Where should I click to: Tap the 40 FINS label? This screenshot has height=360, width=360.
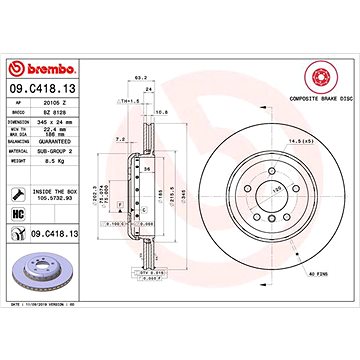click(318, 274)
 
